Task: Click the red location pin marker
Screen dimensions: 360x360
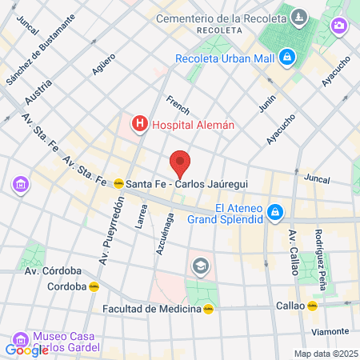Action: point(181,163)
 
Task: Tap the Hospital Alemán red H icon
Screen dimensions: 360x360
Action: point(140,123)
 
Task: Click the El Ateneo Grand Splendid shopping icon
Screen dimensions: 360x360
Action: point(275,211)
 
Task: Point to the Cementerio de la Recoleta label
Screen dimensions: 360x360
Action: point(221,18)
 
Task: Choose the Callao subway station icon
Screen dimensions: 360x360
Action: point(314,306)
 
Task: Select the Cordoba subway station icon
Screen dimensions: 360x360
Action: point(93,286)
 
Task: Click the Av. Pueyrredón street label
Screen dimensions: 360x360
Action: point(112,232)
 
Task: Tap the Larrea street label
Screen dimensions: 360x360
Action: point(141,217)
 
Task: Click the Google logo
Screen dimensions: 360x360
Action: point(26,350)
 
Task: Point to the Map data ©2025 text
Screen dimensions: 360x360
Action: point(326,354)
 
